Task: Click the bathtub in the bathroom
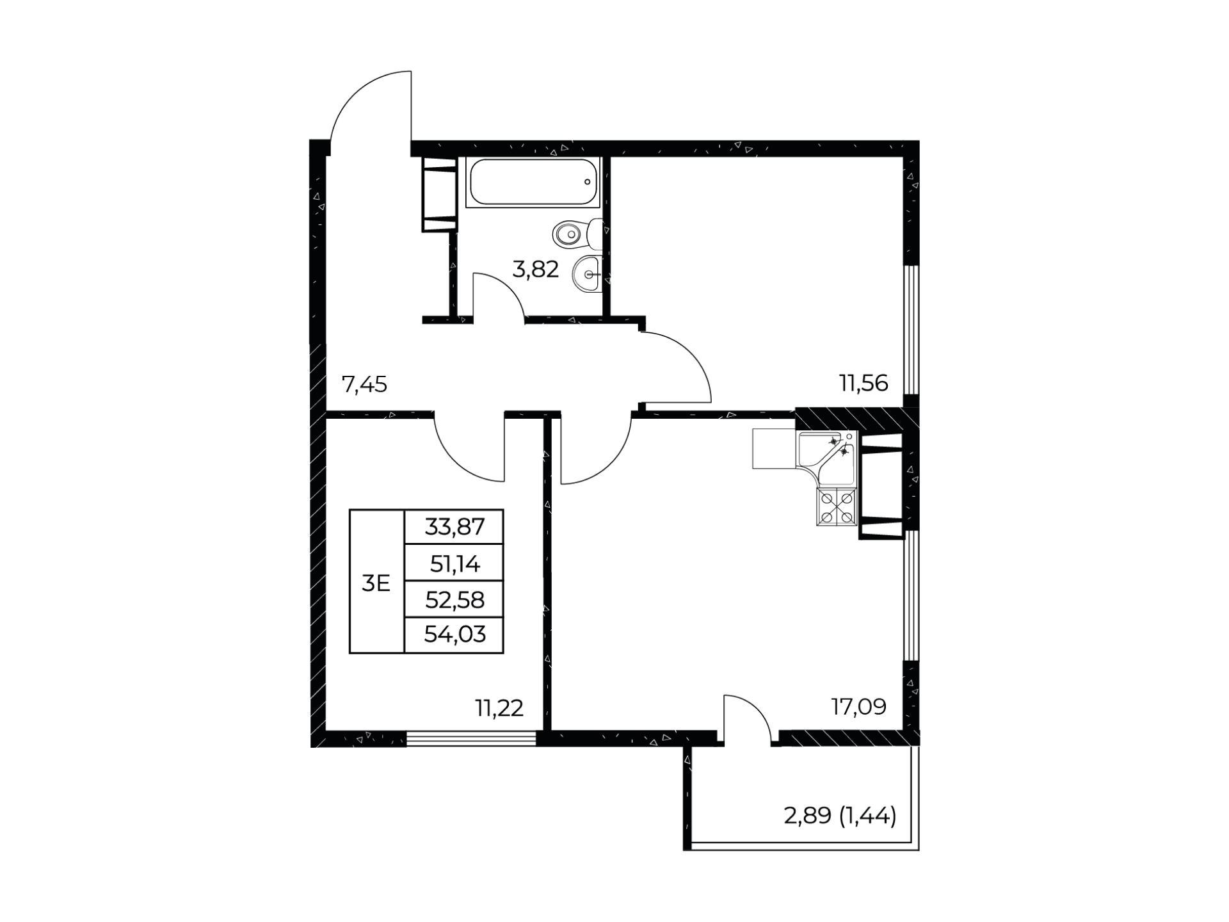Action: (x=533, y=182)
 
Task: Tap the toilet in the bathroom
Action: (x=577, y=234)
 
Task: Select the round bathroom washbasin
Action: (x=588, y=274)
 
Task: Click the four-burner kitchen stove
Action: (x=837, y=507)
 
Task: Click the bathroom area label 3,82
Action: (x=536, y=270)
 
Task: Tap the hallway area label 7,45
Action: (x=364, y=384)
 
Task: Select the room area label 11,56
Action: (x=864, y=383)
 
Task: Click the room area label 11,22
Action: (x=499, y=708)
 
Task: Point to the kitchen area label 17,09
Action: (x=858, y=707)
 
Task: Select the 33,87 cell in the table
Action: (x=454, y=527)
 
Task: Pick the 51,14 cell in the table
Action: (x=454, y=563)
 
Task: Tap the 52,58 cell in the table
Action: (x=454, y=600)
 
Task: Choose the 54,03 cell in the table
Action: (x=454, y=635)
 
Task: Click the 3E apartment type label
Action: (x=376, y=583)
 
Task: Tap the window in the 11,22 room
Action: (x=471, y=739)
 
